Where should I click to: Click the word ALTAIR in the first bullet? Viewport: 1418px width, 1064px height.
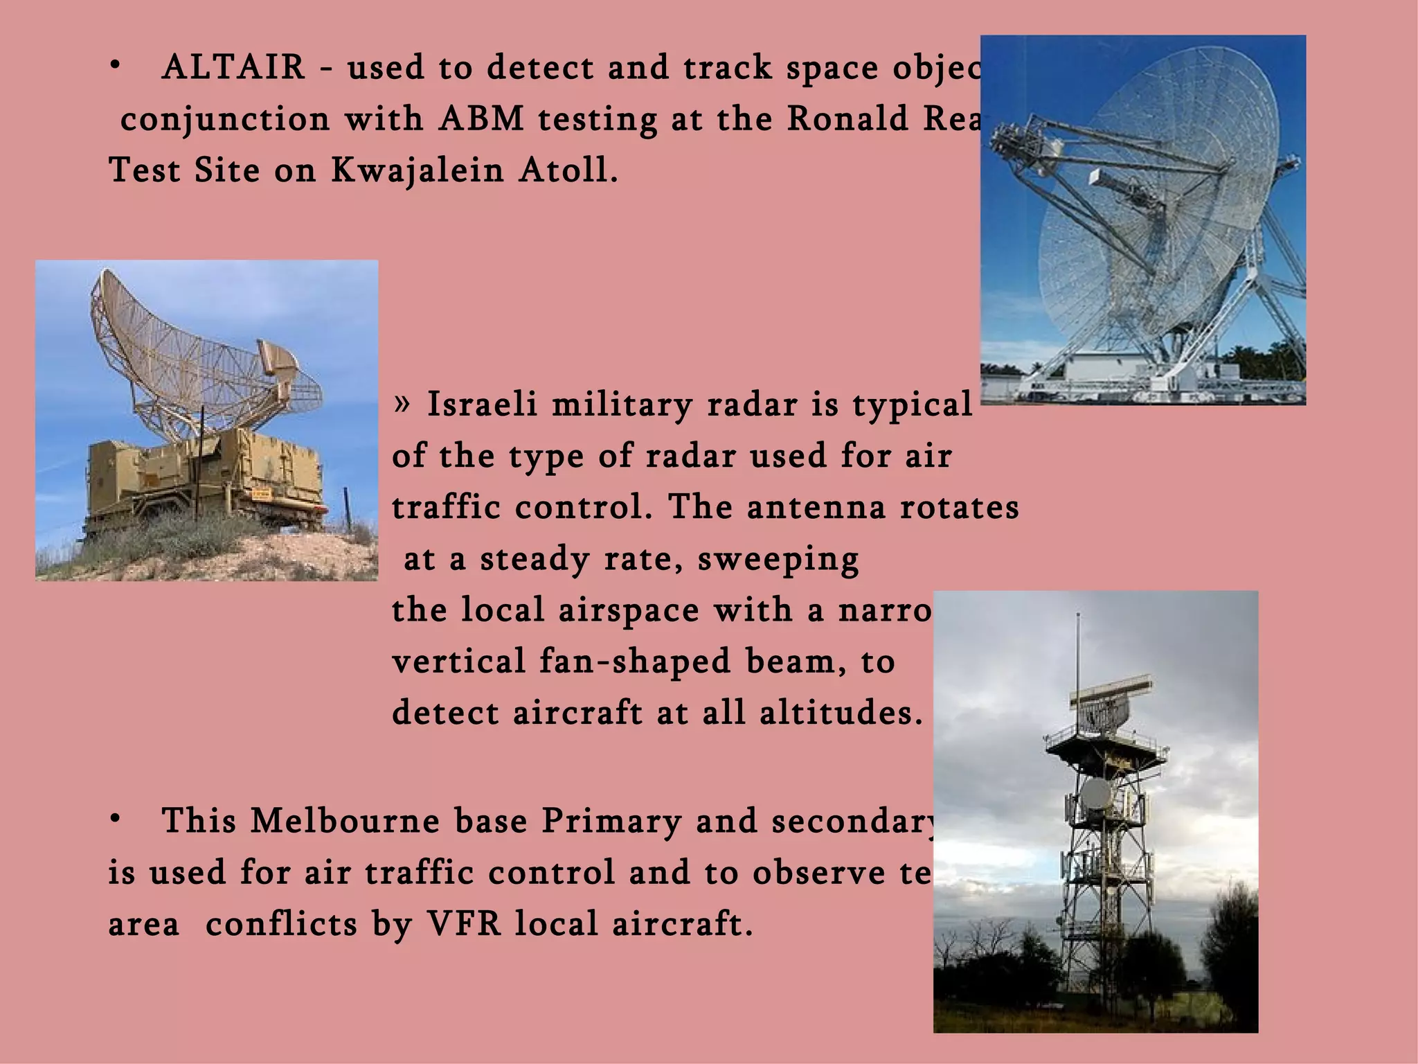coord(233,68)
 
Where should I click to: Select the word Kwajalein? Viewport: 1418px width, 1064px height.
coord(418,170)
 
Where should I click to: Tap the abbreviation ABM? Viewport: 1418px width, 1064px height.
coord(481,119)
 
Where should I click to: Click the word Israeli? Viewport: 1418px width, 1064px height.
coord(482,405)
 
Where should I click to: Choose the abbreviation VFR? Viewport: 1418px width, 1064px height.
coord(463,924)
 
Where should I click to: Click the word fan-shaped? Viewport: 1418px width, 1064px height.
coord(635,662)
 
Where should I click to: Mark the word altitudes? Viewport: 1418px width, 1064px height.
coord(841,713)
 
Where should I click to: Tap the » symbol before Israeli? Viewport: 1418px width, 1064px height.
coord(402,403)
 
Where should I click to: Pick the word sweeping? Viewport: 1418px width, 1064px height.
coord(778,559)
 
